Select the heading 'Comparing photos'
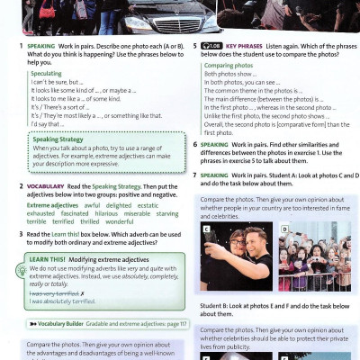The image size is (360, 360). click(228, 66)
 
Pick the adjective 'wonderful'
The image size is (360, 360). click(119, 220)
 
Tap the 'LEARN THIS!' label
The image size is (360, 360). click(47, 257)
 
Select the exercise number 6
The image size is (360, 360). click(196, 143)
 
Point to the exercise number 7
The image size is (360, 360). click(196, 174)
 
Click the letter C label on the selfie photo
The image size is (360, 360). click(206, 228)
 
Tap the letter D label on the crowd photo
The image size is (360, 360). click(284, 228)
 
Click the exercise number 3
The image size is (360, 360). click(21, 233)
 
